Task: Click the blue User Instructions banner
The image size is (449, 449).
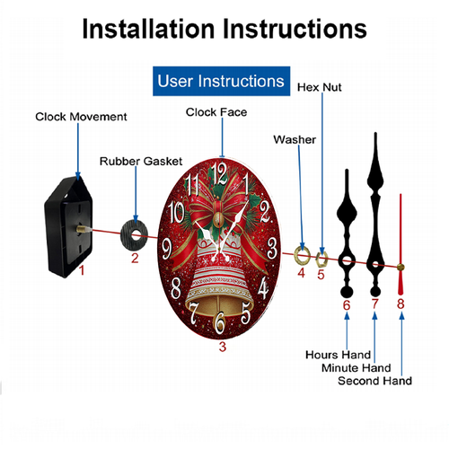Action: (221, 81)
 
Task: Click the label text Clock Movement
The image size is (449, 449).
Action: (81, 117)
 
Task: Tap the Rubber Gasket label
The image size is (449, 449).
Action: (141, 162)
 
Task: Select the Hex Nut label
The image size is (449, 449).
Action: (320, 87)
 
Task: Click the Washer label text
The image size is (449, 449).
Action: (295, 139)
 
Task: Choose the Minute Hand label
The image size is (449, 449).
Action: (357, 367)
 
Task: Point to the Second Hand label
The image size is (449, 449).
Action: (374, 381)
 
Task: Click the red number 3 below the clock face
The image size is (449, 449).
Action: (222, 347)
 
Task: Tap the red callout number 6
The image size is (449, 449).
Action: (347, 305)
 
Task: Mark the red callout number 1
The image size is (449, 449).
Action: (82, 270)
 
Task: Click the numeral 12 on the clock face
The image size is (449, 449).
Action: (219, 174)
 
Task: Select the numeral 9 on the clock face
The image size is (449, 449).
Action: (167, 248)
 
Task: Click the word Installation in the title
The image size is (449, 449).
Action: (148, 29)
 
